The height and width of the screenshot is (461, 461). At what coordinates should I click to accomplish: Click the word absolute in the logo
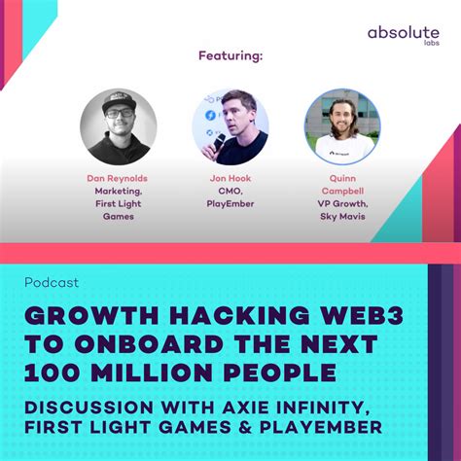click(x=403, y=34)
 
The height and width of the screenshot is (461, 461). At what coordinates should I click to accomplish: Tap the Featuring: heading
click(x=230, y=55)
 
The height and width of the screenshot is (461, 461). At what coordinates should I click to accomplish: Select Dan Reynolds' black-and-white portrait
click(x=118, y=126)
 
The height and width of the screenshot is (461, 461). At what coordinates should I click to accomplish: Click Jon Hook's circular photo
click(x=230, y=126)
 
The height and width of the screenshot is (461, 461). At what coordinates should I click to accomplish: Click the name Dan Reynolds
click(x=118, y=180)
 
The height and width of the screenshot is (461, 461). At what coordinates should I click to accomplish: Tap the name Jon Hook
click(x=230, y=180)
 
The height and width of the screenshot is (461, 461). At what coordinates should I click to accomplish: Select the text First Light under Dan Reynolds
click(x=118, y=205)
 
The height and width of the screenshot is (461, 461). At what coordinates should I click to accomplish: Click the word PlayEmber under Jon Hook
click(x=230, y=205)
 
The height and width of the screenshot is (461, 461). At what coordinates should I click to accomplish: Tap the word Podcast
click(x=53, y=283)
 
